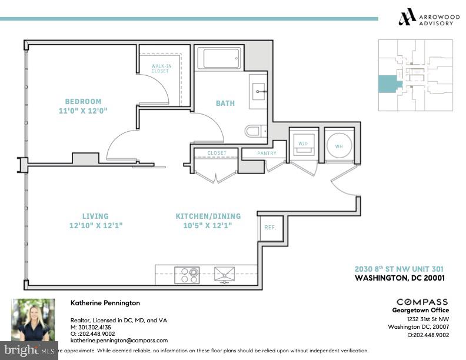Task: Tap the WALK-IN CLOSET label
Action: click(x=160, y=68)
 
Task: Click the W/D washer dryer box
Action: click(x=304, y=143)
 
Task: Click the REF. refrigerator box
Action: click(x=270, y=228)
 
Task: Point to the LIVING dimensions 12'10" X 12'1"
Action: click(x=95, y=225)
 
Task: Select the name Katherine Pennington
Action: click(x=105, y=303)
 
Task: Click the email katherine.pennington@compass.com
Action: click(x=119, y=340)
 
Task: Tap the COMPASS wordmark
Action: click(x=422, y=302)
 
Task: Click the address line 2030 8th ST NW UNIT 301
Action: click(x=398, y=268)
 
